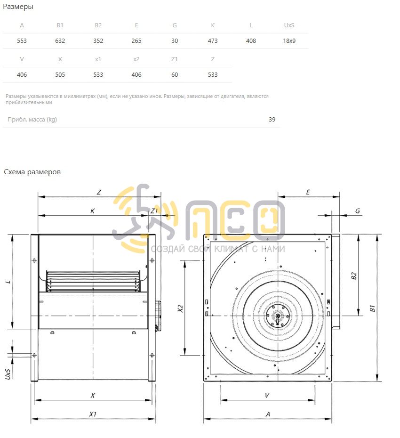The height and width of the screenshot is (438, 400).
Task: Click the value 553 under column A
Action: tap(22, 41)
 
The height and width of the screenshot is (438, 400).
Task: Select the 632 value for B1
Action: tap(60, 41)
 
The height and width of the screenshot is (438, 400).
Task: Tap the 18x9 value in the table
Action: tap(289, 41)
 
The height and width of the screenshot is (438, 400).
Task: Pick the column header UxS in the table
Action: tap(289, 25)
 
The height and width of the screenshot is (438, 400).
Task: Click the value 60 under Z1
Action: tap(175, 75)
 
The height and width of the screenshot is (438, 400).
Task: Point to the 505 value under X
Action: tap(60, 75)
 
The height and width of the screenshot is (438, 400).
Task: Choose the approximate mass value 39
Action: tap(272, 120)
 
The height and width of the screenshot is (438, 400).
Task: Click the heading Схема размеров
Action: tap(32, 172)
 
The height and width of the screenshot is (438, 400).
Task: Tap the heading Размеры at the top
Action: tap(18, 7)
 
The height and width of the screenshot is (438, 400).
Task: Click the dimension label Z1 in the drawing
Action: tap(154, 211)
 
